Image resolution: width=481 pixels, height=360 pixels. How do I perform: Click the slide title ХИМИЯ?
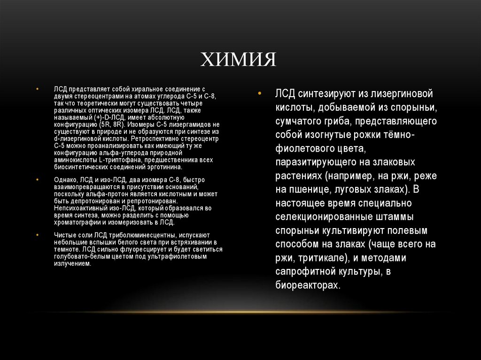tap(238, 60)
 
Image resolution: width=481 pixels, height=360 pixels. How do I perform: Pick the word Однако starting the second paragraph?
tap(64, 180)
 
